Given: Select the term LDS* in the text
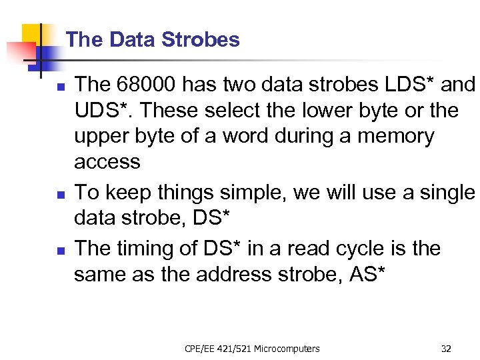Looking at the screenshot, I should pyautogui.click(x=401, y=85).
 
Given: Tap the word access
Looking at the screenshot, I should pyautogui.click(x=107, y=162).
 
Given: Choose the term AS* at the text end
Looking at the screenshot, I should pyautogui.click(x=367, y=274).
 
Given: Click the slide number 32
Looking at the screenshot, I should pyautogui.click(x=446, y=348).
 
